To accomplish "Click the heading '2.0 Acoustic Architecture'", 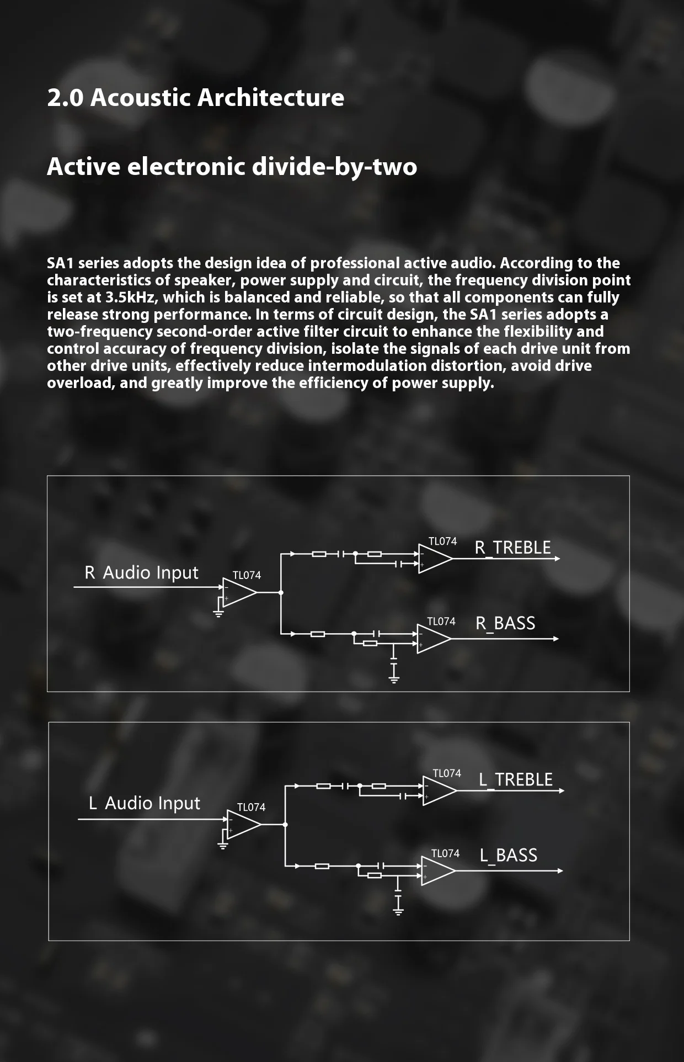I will click(195, 98).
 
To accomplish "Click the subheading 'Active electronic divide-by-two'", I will click(232, 167).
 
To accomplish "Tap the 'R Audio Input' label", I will click(141, 573).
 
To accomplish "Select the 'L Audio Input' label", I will click(145, 803).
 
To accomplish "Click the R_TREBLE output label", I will click(512, 548).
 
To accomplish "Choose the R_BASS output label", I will click(505, 623).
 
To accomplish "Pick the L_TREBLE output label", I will click(516, 779).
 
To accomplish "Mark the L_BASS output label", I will click(508, 855).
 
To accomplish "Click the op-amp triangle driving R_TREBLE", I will click(434, 559).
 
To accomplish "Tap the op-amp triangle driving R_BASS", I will click(433, 639).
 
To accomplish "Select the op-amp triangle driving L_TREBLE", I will click(439, 790).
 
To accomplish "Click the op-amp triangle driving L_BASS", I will click(437, 870).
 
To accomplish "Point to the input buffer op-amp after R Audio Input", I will click(238, 592).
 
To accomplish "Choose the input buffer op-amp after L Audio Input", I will click(243, 824).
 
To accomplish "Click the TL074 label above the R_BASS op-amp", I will click(441, 622).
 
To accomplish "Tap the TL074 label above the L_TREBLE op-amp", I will click(447, 773).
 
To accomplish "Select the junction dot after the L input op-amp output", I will click(285, 825).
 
